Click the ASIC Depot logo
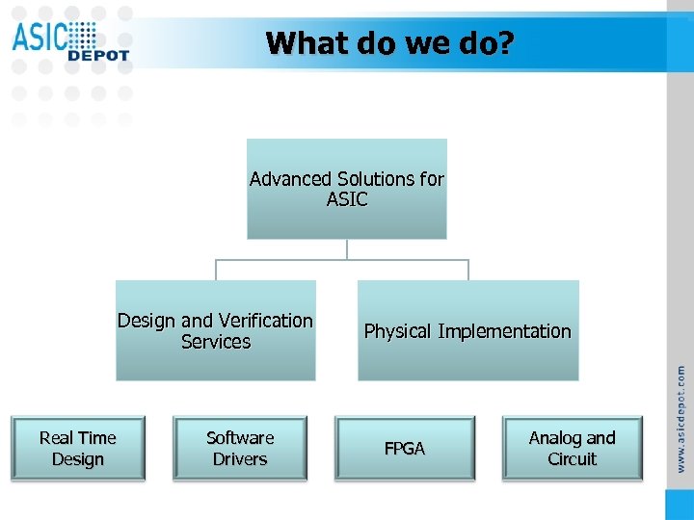pyautogui.click(x=69, y=41)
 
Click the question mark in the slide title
pyautogui.click(x=507, y=43)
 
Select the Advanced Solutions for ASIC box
pyautogui.click(x=347, y=189)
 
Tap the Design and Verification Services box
pyautogui.click(x=215, y=330)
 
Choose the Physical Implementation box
pyautogui.click(x=467, y=331)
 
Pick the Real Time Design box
pyautogui.click(x=77, y=448)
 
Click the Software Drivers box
pyautogui.click(x=240, y=448)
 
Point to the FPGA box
pyautogui.click(x=405, y=449)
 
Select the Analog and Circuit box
pyautogui.click(x=573, y=448)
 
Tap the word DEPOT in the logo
pyautogui.click(x=98, y=56)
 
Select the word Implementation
pyautogui.click(x=504, y=331)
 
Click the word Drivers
pyautogui.click(x=240, y=459)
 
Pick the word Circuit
pyautogui.click(x=573, y=459)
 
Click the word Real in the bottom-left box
pyautogui.click(x=57, y=438)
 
